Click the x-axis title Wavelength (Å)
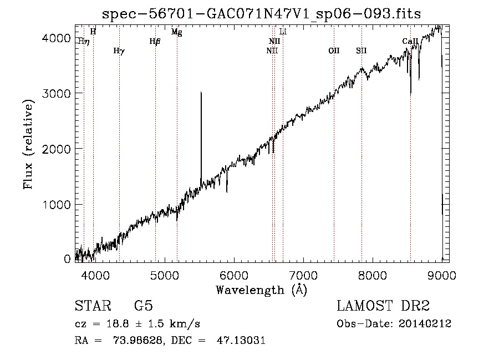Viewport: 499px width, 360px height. [x=261, y=290]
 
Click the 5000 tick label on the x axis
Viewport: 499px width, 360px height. [x=164, y=275]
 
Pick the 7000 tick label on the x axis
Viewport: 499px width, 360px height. [x=303, y=275]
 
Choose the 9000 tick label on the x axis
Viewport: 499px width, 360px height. [x=441, y=275]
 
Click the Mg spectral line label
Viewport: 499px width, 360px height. [x=176, y=32]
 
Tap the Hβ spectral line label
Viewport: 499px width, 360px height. [x=155, y=41]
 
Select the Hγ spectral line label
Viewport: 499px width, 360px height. [x=119, y=50]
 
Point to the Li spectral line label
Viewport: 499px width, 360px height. [x=283, y=32]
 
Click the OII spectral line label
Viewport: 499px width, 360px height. [x=334, y=50]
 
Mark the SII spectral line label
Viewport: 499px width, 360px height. [x=361, y=50]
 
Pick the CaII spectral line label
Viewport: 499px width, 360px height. [x=410, y=41]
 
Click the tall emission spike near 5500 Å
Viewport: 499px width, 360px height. [x=201, y=133]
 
